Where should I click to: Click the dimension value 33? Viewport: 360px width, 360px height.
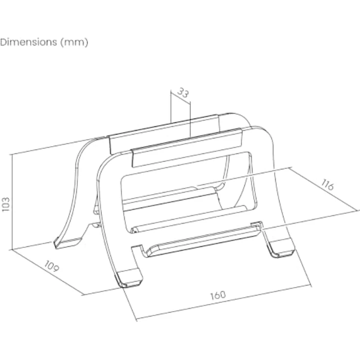coord(183,92)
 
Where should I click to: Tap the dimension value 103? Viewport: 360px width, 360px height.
coord(5,204)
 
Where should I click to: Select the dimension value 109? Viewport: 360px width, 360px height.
coord(52,266)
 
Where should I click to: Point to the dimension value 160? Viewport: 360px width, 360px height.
coord(218,295)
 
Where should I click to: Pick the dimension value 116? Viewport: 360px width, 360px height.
coord(327,184)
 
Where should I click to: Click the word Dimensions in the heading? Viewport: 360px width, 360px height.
coord(28,42)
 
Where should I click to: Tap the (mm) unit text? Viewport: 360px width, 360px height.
coord(74,43)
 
